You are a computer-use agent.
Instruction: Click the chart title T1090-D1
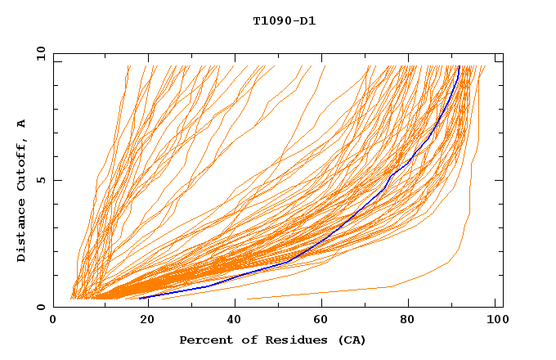pyautogui.click(x=284, y=21)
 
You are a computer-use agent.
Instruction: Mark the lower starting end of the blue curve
pyautogui.click(x=140, y=299)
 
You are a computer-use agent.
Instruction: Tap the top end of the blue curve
pyautogui.click(x=460, y=66)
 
